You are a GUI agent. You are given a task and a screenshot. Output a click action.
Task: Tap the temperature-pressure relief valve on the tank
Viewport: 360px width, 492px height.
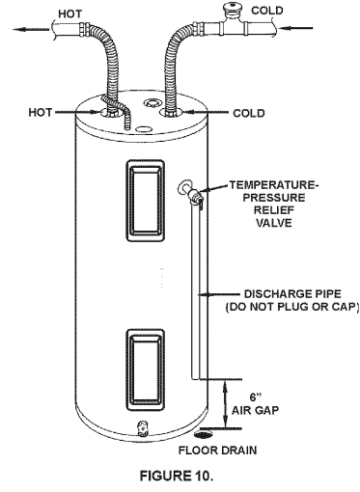point(196,198)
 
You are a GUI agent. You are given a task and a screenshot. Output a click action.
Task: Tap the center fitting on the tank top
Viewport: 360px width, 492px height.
point(149,102)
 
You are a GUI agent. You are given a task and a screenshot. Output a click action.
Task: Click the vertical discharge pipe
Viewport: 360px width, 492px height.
point(199,289)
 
